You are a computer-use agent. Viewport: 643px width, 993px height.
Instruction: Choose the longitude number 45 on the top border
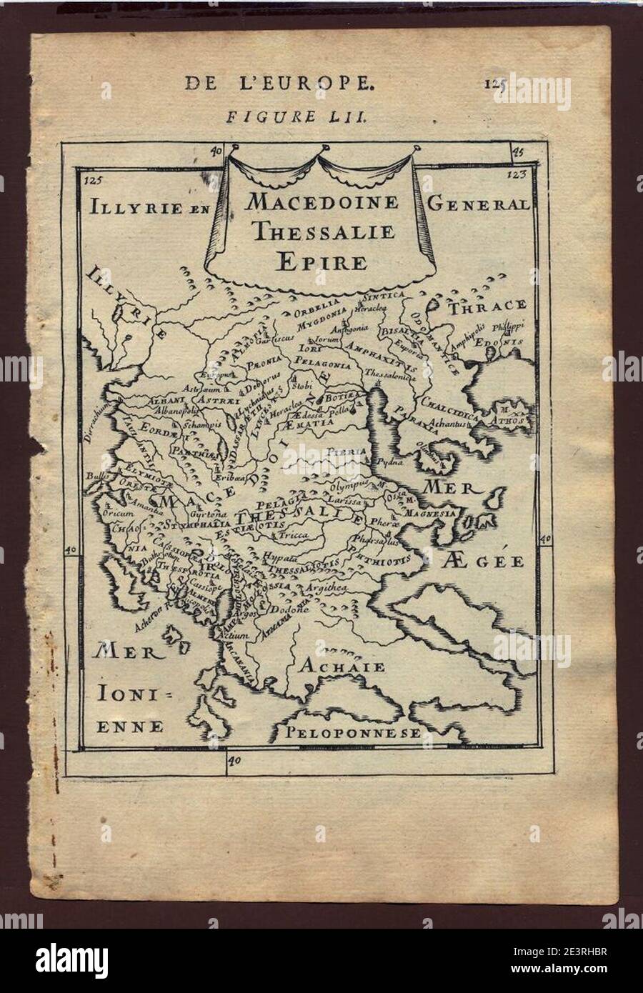tap(518, 151)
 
